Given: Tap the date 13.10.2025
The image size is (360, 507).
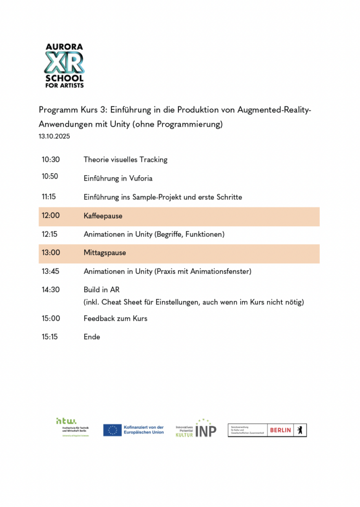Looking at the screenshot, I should (x=54, y=137).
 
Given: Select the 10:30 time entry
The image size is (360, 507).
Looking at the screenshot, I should (x=51, y=159).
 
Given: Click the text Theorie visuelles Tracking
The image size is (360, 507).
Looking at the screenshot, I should (x=125, y=159).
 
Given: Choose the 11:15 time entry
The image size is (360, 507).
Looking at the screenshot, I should (x=49, y=197).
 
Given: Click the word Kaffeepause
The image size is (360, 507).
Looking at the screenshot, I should (x=103, y=216).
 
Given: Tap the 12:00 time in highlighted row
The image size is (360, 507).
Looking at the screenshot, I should (x=51, y=216).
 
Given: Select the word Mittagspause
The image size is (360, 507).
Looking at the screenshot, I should (x=104, y=253).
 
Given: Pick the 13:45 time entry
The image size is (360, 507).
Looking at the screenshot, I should (x=51, y=271).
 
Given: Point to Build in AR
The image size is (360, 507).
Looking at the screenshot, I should (x=102, y=290).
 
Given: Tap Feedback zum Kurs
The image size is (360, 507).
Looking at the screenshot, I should (x=115, y=318).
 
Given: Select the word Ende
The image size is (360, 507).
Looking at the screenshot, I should (x=92, y=337).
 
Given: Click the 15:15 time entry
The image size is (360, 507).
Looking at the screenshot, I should (x=50, y=337).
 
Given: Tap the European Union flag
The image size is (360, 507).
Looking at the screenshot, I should (x=112, y=430).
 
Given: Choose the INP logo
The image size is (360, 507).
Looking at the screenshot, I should (x=206, y=429).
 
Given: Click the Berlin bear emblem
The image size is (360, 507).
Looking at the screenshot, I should (x=299, y=430).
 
